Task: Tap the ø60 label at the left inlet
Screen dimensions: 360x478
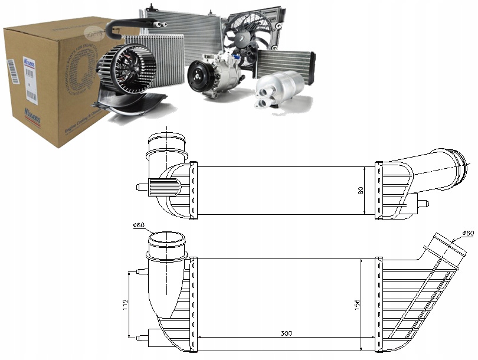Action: click(139, 225)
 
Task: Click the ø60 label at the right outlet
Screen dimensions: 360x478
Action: click(467, 233)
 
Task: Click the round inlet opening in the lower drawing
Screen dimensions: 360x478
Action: click(166, 240)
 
